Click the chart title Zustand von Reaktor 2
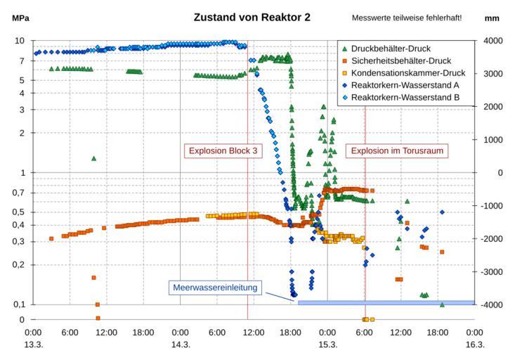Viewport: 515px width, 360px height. click(252, 17)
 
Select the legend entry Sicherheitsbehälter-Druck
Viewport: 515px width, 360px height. click(400, 60)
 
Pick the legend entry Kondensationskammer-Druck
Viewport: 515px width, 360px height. click(405, 72)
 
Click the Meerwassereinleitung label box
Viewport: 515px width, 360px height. click(216, 287)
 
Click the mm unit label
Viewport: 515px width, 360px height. click(492, 18)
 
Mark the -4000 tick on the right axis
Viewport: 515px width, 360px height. click(491, 304)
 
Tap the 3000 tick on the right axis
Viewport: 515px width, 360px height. click(491, 74)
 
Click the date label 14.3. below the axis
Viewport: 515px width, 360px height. click(181, 345)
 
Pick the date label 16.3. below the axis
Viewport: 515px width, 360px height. click(475, 345)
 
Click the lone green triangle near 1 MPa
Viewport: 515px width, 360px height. click(93, 159)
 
